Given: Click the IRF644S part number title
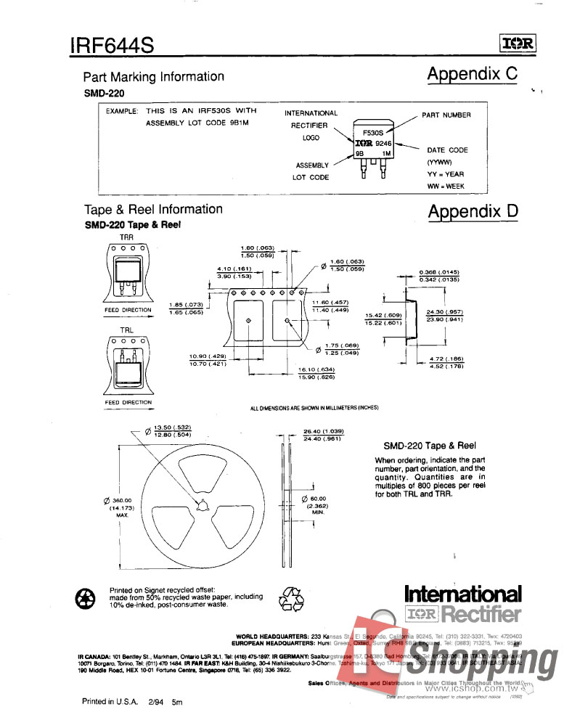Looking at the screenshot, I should (112, 46).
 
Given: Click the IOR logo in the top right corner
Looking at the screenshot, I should (518, 45).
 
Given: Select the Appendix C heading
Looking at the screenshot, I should (473, 74).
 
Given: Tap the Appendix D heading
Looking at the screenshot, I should (473, 212).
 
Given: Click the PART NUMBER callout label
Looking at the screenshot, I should (446, 115).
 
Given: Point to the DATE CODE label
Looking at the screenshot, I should (447, 150).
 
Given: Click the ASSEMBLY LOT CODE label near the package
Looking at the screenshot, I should (311, 171).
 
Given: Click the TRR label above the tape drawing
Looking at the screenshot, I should (126, 237).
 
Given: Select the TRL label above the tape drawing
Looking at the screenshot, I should (126, 330).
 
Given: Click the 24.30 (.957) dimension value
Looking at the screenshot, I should (445, 312).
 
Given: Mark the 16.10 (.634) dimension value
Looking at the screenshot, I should (316, 369).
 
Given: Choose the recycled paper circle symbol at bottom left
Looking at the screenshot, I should (86, 598).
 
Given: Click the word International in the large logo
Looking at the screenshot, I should (462, 594).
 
